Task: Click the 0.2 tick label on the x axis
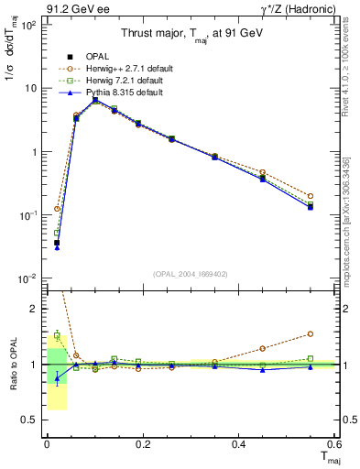pyautogui.click(x=142, y=444)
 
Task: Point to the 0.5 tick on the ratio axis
pyautogui.click(x=30, y=420)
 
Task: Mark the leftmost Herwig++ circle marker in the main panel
pyautogui.click(x=57, y=209)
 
